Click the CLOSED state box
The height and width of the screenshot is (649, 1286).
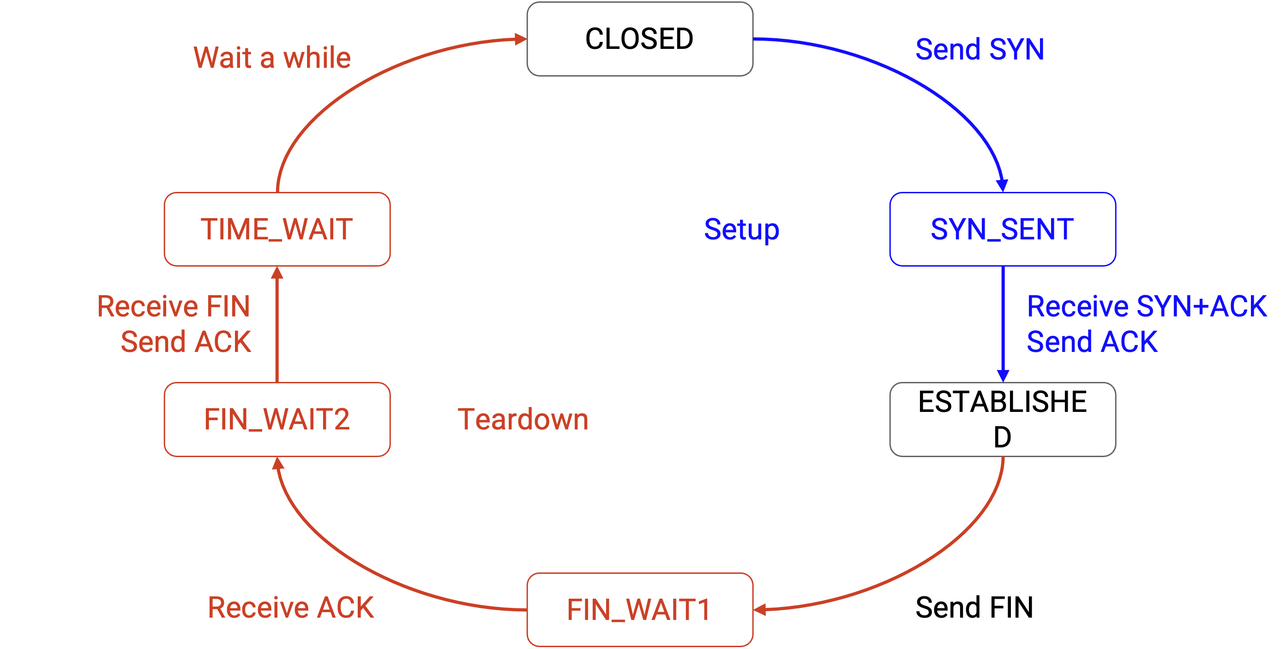pos(639,39)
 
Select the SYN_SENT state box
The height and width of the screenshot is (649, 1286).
pos(1003,229)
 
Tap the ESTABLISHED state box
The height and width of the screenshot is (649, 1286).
pos(1003,419)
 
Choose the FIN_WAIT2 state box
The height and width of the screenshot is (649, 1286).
pos(277,419)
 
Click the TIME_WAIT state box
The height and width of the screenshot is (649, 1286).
pos(277,229)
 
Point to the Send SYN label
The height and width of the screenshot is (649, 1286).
pos(980,49)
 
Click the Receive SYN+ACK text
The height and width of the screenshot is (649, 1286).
pos(1146,306)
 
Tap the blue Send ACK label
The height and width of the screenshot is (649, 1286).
pos(1092,342)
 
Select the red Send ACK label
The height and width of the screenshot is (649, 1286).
pos(186,342)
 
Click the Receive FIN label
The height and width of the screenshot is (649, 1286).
pos(173,306)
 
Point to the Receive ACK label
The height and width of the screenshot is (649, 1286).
pos(290,607)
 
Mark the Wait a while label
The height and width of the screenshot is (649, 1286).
pos(272,57)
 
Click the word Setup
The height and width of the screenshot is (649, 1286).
pos(741,229)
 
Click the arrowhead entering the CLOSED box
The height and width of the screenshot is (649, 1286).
pos(521,39)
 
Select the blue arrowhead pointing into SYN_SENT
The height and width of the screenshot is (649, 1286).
pos(1002,185)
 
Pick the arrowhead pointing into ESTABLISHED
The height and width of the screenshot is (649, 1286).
pos(1003,375)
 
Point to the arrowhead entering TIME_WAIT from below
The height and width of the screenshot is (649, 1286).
pos(277,273)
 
